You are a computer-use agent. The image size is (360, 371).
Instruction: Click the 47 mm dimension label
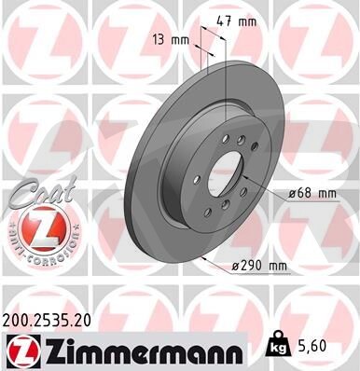tap(236, 21)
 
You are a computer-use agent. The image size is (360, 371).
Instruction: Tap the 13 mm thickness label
tap(171, 40)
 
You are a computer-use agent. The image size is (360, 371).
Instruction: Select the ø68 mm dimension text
tap(312, 194)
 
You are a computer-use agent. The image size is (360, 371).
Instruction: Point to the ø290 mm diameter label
tap(259, 266)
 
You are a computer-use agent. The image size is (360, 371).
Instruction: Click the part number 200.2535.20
tap(47, 321)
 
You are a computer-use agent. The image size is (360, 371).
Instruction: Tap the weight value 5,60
tap(312, 346)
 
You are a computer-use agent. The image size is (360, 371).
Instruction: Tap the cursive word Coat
tap(42, 193)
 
